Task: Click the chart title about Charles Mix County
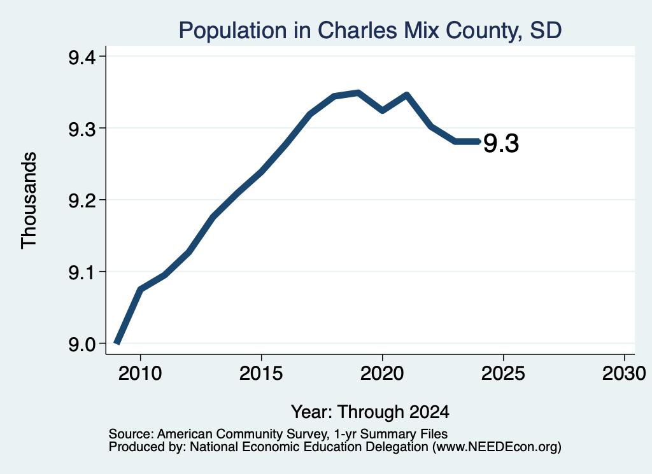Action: click(x=370, y=31)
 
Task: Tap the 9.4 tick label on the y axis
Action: click(x=82, y=57)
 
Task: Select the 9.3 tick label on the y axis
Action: click(x=82, y=129)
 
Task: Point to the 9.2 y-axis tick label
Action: click(x=82, y=201)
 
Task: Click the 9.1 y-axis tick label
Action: click(x=82, y=273)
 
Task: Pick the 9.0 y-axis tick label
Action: click(x=82, y=345)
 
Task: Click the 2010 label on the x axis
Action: click(x=140, y=373)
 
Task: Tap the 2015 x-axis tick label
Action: click(x=261, y=373)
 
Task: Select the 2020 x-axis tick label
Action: click(x=382, y=373)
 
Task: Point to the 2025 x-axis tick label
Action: click(x=503, y=373)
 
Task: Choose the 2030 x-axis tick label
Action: click(x=624, y=373)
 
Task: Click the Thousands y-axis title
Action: click(x=29, y=200)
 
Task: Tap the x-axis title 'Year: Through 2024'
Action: click(x=370, y=412)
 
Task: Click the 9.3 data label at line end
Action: click(x=501, y=144)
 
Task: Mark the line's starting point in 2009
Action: click(x=117, y=343)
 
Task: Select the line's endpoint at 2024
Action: click(x=479, y=142)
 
